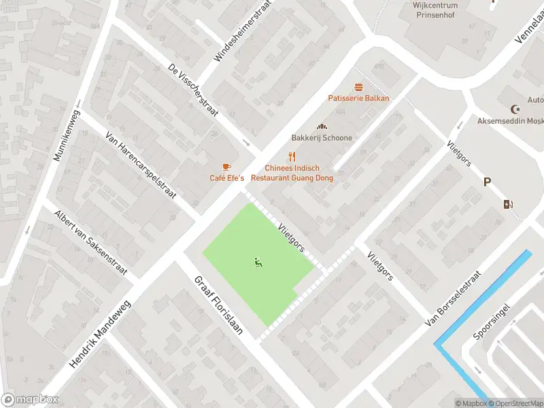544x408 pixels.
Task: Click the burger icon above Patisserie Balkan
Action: point(358,87)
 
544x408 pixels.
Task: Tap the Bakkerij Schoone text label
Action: point(322,138)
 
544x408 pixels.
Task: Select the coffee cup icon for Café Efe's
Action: point(226,167)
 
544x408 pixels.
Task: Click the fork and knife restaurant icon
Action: point(292,156)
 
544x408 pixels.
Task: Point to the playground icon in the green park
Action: point(258,262)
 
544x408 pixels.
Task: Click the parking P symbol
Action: point(486,182)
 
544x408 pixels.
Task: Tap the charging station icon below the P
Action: point(508,204)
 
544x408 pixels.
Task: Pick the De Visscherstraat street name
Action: point(192,92)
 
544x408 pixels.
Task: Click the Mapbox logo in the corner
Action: point(29,400)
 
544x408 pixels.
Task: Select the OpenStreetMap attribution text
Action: point(515,403)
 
